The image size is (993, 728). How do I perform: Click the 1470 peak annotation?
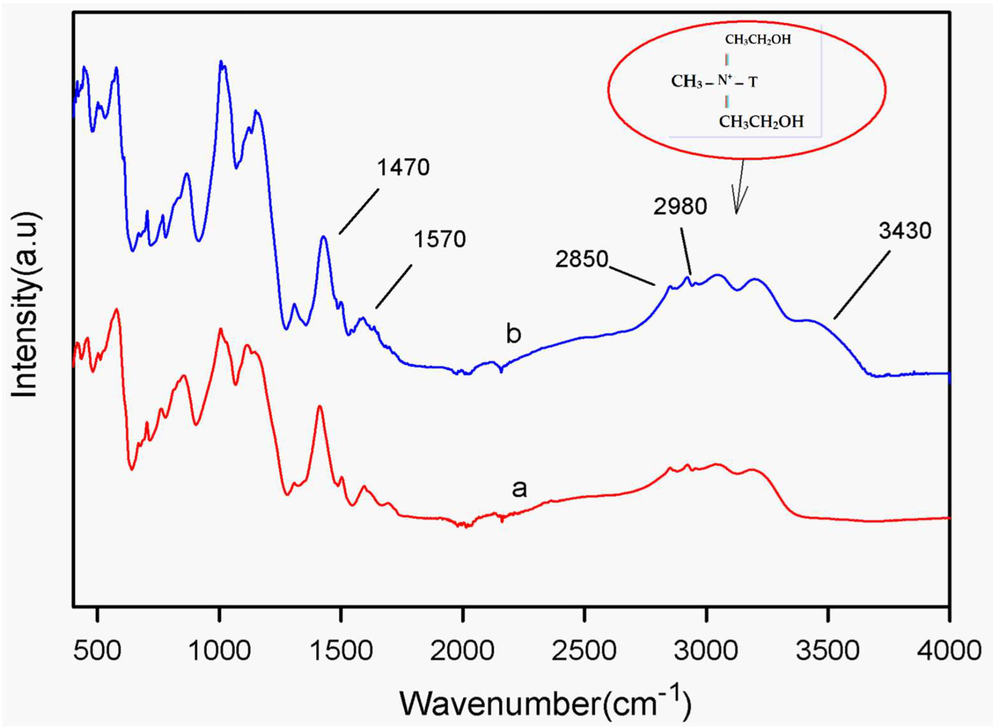pyautogui.click(x=403, y=168)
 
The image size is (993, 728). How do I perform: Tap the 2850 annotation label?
pyautogui.click(x=581, y=259)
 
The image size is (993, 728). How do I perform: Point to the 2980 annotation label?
pyautogui.click(x=680, y=206)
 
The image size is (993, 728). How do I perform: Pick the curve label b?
pyautogui.click(x=513, y=334)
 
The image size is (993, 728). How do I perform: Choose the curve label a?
pyautogui.click(x=519, y=488)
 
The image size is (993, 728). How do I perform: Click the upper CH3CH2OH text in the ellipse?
pyautogui.click(x=758, y=40)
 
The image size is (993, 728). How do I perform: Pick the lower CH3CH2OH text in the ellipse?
pyautogui.click(x=761, y=121)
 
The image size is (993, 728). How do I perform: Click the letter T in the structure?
pyautogui.click(x=753, y=82)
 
